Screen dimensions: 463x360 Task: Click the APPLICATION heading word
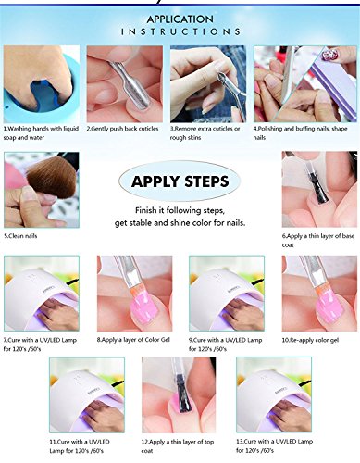[x=180, y=18]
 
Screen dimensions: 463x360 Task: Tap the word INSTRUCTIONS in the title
[x=180, y=31]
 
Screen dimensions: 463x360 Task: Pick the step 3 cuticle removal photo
[x=208, y=83]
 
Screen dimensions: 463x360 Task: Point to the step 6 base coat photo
[x=319, y=189]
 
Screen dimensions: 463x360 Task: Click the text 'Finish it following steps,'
[x=180, y=210]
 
